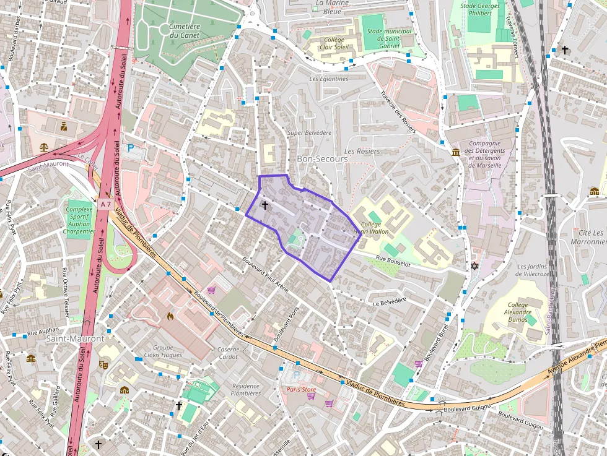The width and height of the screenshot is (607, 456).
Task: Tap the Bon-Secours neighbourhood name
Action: coord(322,159)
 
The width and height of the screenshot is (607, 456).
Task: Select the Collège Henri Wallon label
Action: coord(371,228)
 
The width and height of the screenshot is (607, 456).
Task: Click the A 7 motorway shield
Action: coord(105,204)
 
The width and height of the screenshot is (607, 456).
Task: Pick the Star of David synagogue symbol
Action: coord(475,266)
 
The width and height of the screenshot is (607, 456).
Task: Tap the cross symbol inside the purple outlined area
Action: coord(265,205)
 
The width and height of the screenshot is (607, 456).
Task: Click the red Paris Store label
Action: coord(301,390)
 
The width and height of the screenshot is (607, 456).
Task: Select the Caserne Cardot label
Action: coord(229,353)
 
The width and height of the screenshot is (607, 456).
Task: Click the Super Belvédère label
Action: coord(310,133)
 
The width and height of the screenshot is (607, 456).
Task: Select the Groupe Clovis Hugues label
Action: coord(163,351)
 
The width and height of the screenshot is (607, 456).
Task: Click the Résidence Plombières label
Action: coord(246,389)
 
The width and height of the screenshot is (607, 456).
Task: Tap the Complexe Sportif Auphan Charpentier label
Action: coord(79,220)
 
